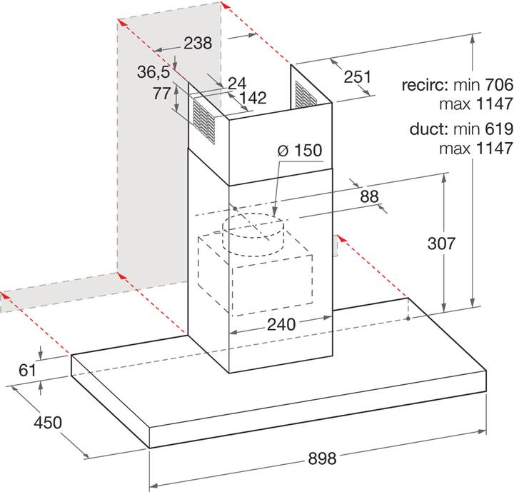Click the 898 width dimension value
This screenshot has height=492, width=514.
(x=322, y=458)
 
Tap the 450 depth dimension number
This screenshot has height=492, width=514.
(x=48, y=423)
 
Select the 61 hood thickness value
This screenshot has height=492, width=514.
(x=27, y=371)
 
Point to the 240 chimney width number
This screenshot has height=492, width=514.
(x=281, y=324)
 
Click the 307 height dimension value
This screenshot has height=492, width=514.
(x=442, y=244)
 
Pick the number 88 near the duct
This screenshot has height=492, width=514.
(x=370, y=196)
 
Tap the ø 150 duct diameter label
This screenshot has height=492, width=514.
(x=300, y=150)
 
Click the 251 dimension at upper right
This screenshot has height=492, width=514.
(x=358, y=76)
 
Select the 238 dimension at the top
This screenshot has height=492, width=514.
(x=198, y=43)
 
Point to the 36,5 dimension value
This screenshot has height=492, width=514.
(x=153, y=72)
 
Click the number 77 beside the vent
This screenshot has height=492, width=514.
(x=162, y=94)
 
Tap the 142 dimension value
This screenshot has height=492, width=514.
(x=253, y=98)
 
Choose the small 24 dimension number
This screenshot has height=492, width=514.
(x=237, y=84)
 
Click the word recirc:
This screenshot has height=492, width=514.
(x=425, y=85)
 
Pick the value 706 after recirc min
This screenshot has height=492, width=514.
(x=499, y=85)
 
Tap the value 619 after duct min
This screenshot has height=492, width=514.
(x=499, y=129)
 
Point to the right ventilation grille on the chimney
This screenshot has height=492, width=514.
(x=306, y=95)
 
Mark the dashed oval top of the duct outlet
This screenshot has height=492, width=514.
(x=253, y=227)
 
